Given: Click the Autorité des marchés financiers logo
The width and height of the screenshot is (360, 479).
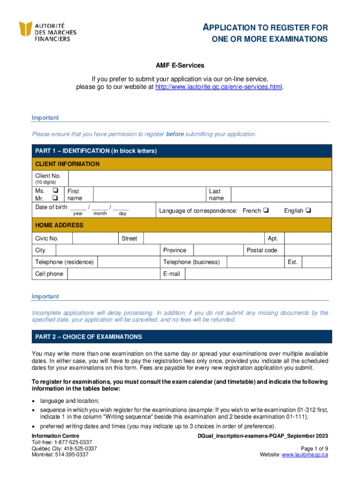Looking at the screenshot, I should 48,32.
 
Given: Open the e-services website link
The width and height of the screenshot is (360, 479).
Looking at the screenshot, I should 218,87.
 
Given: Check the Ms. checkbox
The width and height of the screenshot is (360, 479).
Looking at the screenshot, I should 55,191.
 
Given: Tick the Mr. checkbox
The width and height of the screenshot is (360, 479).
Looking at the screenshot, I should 55,198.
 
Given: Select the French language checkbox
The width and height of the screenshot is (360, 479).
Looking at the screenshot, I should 266,210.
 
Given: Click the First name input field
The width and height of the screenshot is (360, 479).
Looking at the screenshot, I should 149,195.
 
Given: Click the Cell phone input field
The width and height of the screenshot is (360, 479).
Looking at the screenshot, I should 113,274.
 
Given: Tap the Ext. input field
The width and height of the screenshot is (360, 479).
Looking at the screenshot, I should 317,262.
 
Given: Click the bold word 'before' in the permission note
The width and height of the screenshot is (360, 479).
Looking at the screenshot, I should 175,134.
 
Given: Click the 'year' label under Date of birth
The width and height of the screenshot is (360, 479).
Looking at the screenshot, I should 79,214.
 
